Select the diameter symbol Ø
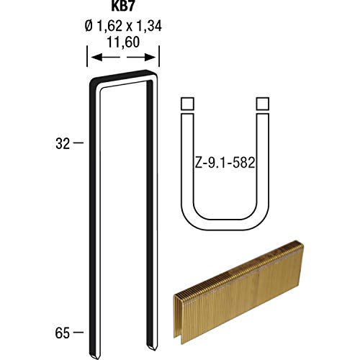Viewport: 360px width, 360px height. tap(88, 28)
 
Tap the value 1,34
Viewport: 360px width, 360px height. tap(146, 28)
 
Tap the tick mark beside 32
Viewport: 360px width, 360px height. tap(79, 143)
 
